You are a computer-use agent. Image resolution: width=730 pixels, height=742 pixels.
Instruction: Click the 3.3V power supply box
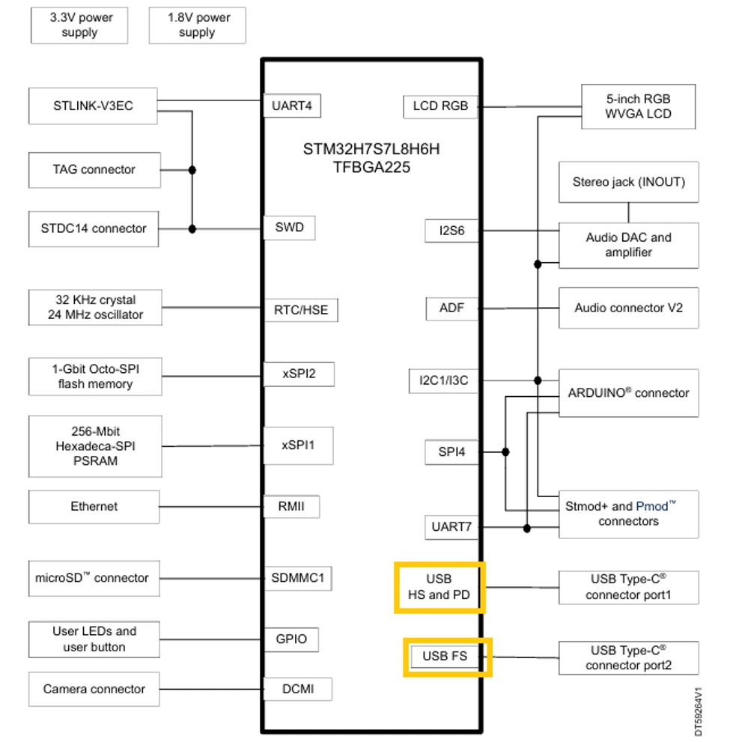[79, 25]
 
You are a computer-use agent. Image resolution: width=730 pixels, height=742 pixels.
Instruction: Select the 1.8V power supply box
[197, 25]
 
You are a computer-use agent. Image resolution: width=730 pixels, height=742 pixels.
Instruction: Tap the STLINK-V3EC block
[93, 106]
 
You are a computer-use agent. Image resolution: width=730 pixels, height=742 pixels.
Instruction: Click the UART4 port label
[292, 106]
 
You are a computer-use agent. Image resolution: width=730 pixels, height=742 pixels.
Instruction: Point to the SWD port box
[289, 228]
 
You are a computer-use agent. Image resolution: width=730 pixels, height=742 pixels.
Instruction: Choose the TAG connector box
[94, 170]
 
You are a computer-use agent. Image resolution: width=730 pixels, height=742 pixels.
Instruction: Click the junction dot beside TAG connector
[192, 170]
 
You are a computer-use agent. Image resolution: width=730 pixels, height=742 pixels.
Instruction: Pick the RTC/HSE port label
[301, 310]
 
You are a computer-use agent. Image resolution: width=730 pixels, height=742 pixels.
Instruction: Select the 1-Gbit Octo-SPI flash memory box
[96, 377]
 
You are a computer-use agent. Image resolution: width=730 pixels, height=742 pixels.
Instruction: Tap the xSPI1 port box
[298, 445]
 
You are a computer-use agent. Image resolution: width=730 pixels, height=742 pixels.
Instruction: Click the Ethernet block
[94, 507]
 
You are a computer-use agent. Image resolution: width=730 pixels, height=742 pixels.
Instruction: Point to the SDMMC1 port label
[297, 578]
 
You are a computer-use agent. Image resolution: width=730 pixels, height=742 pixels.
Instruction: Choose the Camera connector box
[94, 689]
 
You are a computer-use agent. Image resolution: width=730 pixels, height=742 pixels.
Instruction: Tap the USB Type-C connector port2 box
[629, 658]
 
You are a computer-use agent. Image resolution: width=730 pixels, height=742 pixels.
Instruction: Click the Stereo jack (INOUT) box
[629, 182]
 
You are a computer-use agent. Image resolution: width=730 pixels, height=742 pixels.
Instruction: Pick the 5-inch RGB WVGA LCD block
[638, 106]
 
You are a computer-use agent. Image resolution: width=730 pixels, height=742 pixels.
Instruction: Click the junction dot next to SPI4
[505, 452]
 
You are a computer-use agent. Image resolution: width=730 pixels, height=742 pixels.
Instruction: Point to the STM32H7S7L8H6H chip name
[371, 149]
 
